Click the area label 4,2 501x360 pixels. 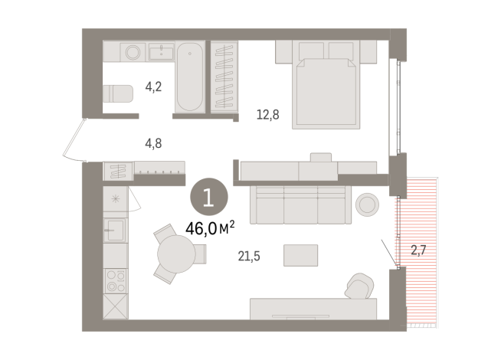point(153,87)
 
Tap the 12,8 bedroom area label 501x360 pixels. point(267,116)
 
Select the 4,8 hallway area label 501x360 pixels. point(153,142)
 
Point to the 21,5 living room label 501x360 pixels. point(250,256)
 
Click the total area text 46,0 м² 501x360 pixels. point(209,227)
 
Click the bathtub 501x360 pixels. point(190,77)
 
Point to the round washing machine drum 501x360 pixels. point(133,53)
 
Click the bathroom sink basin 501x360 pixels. point(163,52)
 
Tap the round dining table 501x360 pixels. point(178,251)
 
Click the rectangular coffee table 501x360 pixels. point(300,254)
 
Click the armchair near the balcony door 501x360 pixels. point(359,286)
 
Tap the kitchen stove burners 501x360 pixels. point(115,280)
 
